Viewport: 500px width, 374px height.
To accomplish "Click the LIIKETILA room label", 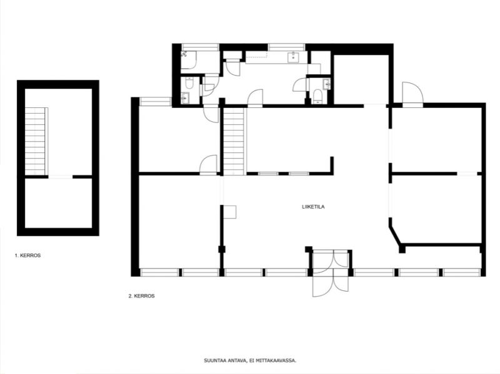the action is pos(313,207).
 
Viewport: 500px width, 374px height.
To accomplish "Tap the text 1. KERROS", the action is pos(27,255).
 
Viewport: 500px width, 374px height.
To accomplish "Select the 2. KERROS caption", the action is pos(142,296).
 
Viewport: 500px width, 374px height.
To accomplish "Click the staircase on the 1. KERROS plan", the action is pos(36,141).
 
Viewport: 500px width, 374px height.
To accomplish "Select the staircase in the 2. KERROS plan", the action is pos(234,141).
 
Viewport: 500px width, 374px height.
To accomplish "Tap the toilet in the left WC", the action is pos(189,83).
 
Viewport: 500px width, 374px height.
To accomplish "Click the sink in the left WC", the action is pos(185,98).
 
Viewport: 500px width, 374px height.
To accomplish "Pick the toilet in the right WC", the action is pos(317,96).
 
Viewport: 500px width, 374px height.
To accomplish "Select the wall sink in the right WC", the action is pos(327,84).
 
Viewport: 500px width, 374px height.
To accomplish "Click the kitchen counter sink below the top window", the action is pos(293,57).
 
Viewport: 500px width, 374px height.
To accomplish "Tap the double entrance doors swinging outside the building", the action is pos(331,282).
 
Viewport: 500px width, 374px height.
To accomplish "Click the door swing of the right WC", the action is pos(300,84).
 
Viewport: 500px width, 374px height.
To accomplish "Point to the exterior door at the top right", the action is pos(412,92).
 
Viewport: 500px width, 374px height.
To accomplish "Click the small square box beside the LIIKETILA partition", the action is pos(229,212).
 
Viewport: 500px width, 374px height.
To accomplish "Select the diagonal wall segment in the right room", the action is pos(396,235).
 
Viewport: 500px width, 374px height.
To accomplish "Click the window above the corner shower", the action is pos(200,47).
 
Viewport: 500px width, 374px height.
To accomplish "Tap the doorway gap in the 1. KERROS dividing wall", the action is pos(60,177).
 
